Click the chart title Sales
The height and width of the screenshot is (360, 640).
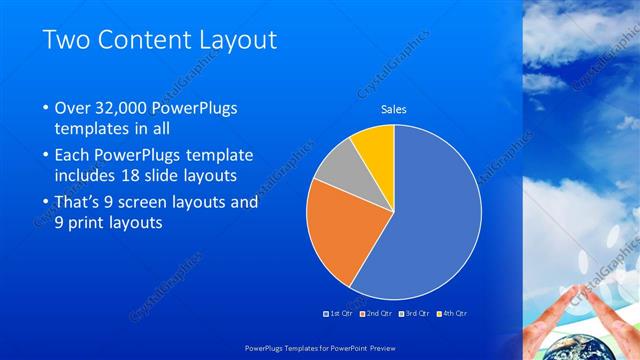[394, 109]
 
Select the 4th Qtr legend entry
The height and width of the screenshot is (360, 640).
[451, 313]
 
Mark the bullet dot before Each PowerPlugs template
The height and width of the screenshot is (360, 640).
[46, 156]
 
